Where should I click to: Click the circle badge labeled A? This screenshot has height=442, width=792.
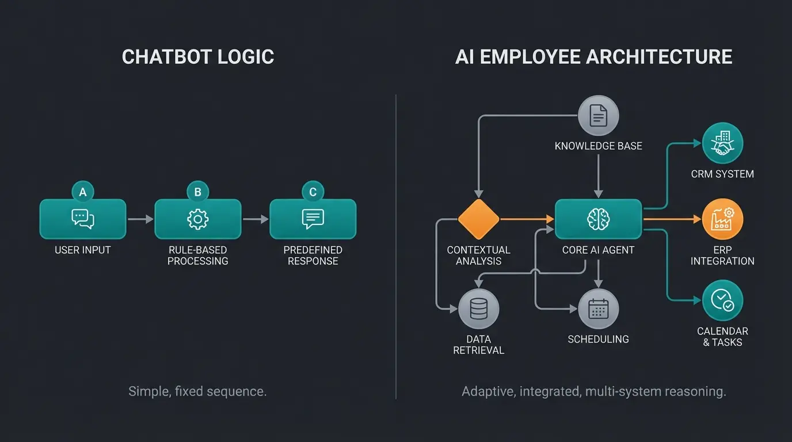83,192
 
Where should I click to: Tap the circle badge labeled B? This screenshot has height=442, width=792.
198,192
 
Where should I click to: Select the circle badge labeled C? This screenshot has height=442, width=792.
313,192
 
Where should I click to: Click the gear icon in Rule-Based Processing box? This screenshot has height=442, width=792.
198,219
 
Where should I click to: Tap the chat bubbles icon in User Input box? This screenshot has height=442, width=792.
83,219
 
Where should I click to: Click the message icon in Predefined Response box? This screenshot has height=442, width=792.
313,219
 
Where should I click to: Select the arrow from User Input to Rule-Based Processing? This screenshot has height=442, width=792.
140,219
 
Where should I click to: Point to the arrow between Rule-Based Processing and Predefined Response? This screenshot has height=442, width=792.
255,219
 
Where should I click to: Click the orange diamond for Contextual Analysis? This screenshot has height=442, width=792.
479,219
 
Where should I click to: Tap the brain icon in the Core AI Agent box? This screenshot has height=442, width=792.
598,219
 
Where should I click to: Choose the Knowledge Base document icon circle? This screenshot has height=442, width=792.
598,116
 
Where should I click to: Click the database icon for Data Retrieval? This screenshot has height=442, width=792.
479,309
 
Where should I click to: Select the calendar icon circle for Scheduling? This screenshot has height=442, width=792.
598,309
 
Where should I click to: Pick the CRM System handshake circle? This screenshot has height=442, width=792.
722,143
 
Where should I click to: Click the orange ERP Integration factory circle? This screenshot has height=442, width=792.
722,219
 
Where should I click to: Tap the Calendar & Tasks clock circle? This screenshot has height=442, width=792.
722,300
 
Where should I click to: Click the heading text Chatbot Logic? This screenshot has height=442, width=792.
198,57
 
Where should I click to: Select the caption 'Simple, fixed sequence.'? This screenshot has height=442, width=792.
197,392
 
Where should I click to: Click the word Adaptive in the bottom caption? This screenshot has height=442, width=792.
488,392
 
